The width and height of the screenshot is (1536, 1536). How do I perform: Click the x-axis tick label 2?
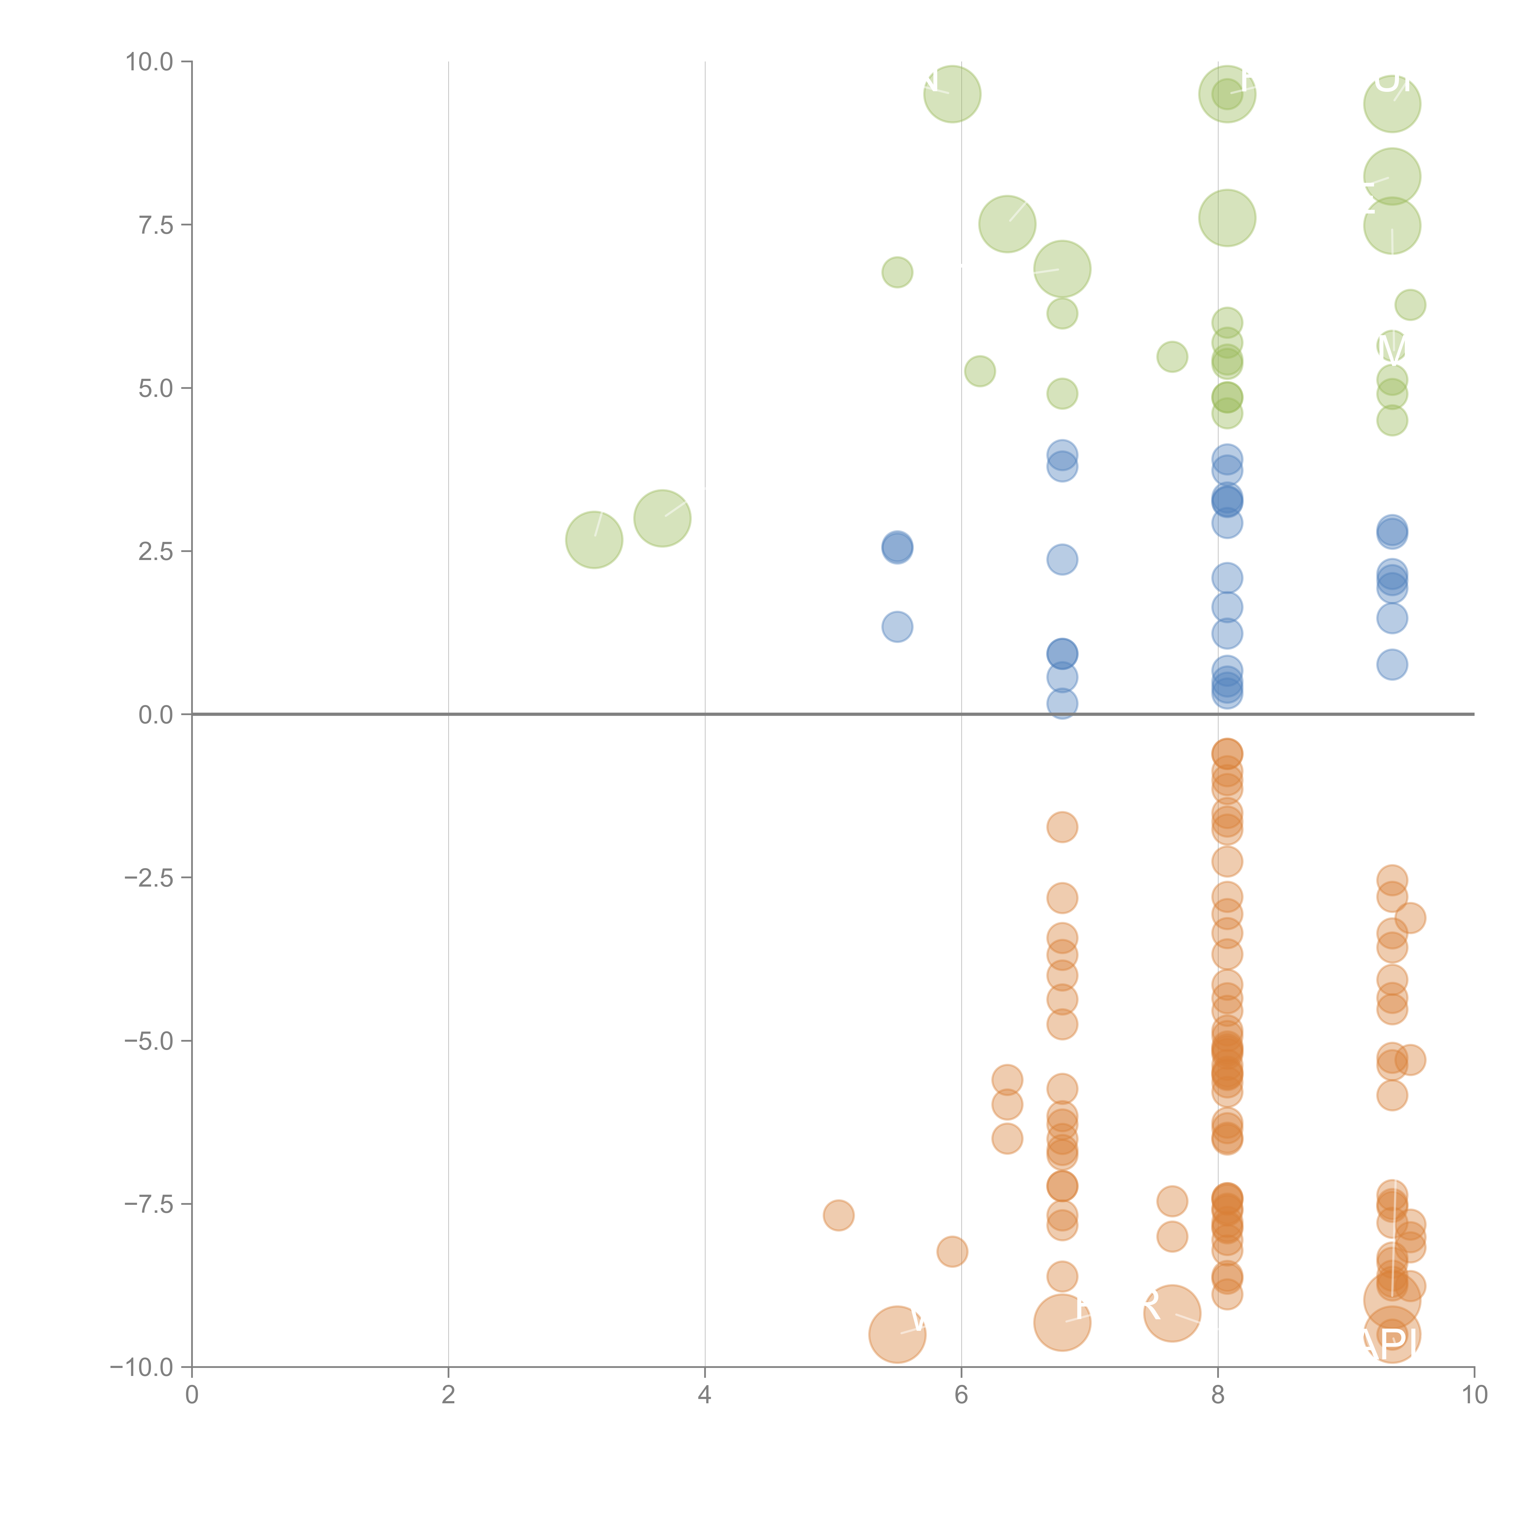pos(449,1395)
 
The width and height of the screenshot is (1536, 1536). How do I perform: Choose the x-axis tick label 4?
pos(704,1395)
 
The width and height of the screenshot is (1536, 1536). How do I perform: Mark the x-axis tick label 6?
pos(961,1395)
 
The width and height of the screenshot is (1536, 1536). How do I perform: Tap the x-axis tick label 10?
pos(1474,1395)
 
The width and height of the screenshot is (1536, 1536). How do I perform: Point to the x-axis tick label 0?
pos(192,1395)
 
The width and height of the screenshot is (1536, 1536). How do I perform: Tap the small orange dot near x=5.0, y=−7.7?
pos(838,1216)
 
